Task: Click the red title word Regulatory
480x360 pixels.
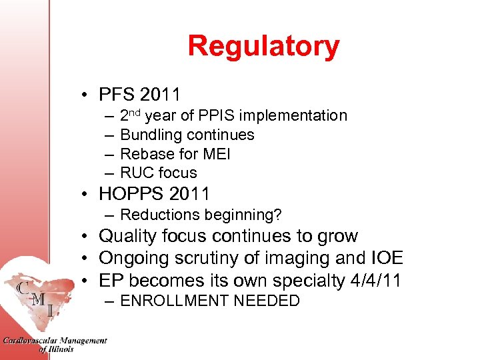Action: (263, 47)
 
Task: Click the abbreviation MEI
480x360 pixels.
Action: (215, 154)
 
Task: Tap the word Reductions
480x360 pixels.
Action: (158, 215)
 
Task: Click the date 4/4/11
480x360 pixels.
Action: (375, 281)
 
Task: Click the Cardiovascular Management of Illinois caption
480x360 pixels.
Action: (55, 345)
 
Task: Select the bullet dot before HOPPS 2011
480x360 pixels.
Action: (87, 195)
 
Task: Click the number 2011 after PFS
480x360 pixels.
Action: (160, 95)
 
